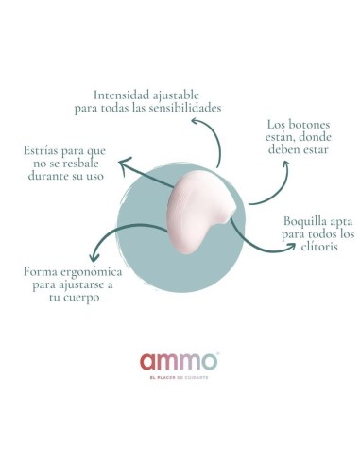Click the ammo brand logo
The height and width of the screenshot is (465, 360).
coord(180,360)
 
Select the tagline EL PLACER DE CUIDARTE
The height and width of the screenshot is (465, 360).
coord(180,378)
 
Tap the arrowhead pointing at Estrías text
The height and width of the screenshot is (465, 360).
coord(125,171)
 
